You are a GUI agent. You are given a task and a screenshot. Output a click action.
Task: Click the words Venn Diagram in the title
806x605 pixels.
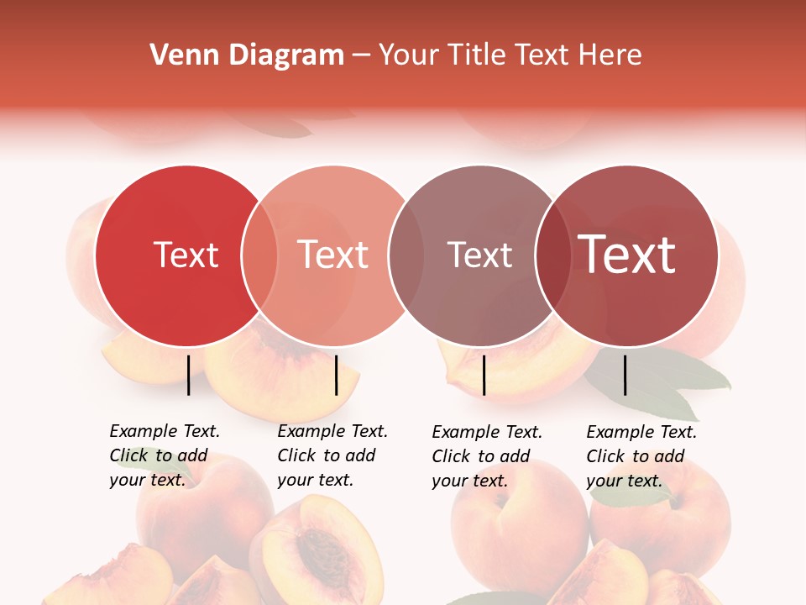point(247,55)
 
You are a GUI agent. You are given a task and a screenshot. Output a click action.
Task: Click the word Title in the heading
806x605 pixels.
point(477,55)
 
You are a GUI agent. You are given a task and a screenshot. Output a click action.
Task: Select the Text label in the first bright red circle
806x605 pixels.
point(186,255)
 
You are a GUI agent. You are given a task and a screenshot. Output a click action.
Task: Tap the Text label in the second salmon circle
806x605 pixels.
point(333,255)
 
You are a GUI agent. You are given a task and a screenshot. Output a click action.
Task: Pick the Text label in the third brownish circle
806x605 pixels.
point(479,255)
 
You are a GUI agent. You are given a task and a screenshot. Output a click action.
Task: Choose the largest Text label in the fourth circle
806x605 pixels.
point(626,255)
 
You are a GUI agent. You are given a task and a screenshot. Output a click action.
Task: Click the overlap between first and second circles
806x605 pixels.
point(259,256)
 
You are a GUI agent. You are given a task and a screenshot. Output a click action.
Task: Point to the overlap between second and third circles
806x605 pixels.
point(406,256)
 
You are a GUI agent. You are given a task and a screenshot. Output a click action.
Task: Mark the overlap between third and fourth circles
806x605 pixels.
point(552,256)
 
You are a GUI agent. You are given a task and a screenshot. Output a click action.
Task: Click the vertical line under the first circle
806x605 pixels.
point(189,375)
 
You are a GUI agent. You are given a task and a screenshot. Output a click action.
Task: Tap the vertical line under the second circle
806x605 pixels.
point(336,375)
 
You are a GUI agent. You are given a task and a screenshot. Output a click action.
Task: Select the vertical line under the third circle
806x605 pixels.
point(484,375)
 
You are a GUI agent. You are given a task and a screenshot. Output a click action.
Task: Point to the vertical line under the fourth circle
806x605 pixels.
point(625,375)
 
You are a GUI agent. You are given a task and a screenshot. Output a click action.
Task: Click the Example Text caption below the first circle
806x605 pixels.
point(164,455)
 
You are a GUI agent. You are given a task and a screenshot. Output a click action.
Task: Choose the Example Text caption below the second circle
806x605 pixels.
point(332,455)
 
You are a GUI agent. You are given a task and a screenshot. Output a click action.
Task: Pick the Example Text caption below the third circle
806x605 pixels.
point(486,456)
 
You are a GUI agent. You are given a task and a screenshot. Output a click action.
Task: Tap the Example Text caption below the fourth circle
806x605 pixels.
point(641,456)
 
